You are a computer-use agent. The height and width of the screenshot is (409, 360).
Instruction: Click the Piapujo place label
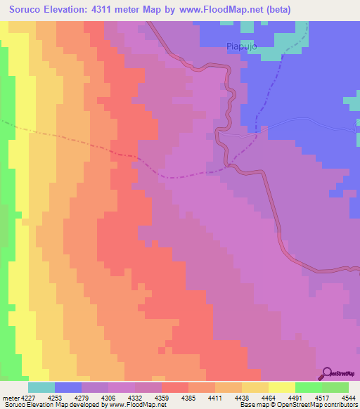(x=242, y=46)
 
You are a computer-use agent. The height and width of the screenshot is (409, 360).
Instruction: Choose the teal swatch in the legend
(x=41, y=387)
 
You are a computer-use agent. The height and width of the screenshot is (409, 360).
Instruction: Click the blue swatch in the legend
(x=68, y=387)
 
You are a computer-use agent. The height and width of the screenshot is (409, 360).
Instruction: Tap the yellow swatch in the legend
(x=282, y=387)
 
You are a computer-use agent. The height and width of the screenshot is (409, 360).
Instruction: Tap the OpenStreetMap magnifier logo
(x=326, y=374)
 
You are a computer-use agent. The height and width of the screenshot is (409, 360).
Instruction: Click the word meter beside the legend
(x=10, y=397)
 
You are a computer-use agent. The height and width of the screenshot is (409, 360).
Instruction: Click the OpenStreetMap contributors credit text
(x=321, y=405)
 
